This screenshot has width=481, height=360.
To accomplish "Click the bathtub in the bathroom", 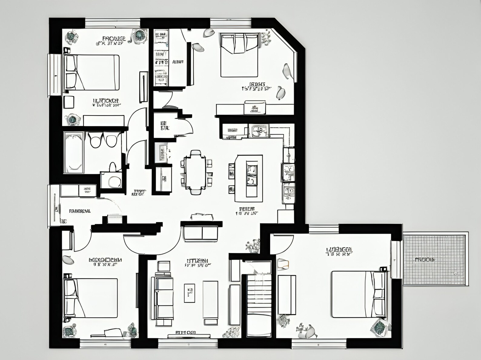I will tap(74, 152).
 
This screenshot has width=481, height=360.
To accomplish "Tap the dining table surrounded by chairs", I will tap(196, 172).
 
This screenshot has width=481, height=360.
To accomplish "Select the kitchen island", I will tap(249, 178).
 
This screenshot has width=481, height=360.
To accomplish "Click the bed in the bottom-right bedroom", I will tap(357, 294).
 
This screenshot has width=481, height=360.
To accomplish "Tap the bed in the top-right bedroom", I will tap(239, 55).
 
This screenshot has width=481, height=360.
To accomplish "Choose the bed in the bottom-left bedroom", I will tap(91, 298).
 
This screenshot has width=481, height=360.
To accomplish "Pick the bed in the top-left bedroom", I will tap(92, 72).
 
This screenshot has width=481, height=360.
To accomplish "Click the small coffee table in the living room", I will tap(190, 293).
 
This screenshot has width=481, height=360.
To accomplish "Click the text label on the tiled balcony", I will tap(425, 260).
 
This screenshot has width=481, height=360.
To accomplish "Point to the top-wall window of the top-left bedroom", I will tap(112, 23).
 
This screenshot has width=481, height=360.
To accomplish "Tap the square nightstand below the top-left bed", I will tap(69, 102).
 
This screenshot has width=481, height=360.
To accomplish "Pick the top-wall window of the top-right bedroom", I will tap(231, 22).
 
